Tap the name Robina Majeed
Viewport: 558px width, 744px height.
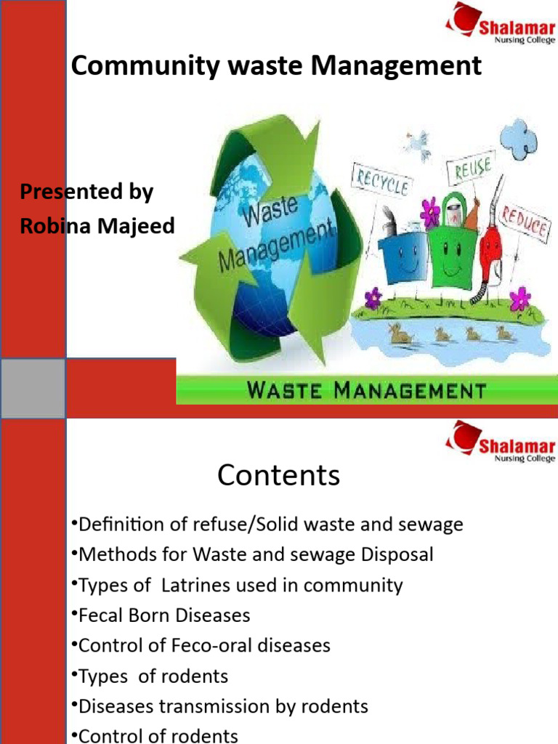pos(97,226)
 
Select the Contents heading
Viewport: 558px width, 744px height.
pos(278,475)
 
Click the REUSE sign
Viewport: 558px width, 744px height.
pos(472,172)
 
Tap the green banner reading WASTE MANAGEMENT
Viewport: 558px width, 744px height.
pos(367,390)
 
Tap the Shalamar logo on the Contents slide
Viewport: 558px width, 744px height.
pos(501,441)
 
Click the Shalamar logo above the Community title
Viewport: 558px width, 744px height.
pos(501,22)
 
